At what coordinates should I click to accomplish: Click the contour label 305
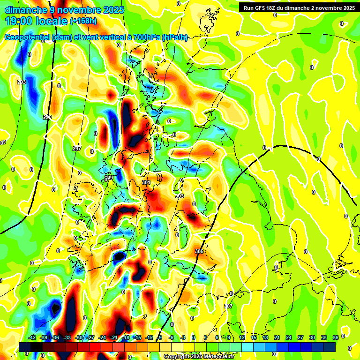point(199,252)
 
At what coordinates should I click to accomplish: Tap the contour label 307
point(228,306)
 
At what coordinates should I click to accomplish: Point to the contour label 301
point(146,182)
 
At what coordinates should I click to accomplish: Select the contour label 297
point(77,149)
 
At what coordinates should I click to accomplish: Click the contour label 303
point(180,196)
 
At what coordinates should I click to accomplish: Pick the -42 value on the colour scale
point(32,337)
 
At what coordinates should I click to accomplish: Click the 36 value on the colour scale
point(336,337)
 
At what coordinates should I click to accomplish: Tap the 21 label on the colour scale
point(277,337)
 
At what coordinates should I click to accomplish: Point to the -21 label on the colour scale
point(114,337)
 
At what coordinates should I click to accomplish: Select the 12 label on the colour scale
point(241,337)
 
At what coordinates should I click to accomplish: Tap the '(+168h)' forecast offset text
point(84,21)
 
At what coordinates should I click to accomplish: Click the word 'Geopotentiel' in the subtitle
point(27,37)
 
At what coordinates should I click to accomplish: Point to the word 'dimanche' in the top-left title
point(25,9)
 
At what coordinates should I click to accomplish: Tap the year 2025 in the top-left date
point(113,9)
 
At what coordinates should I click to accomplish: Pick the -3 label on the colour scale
point(183,337)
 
